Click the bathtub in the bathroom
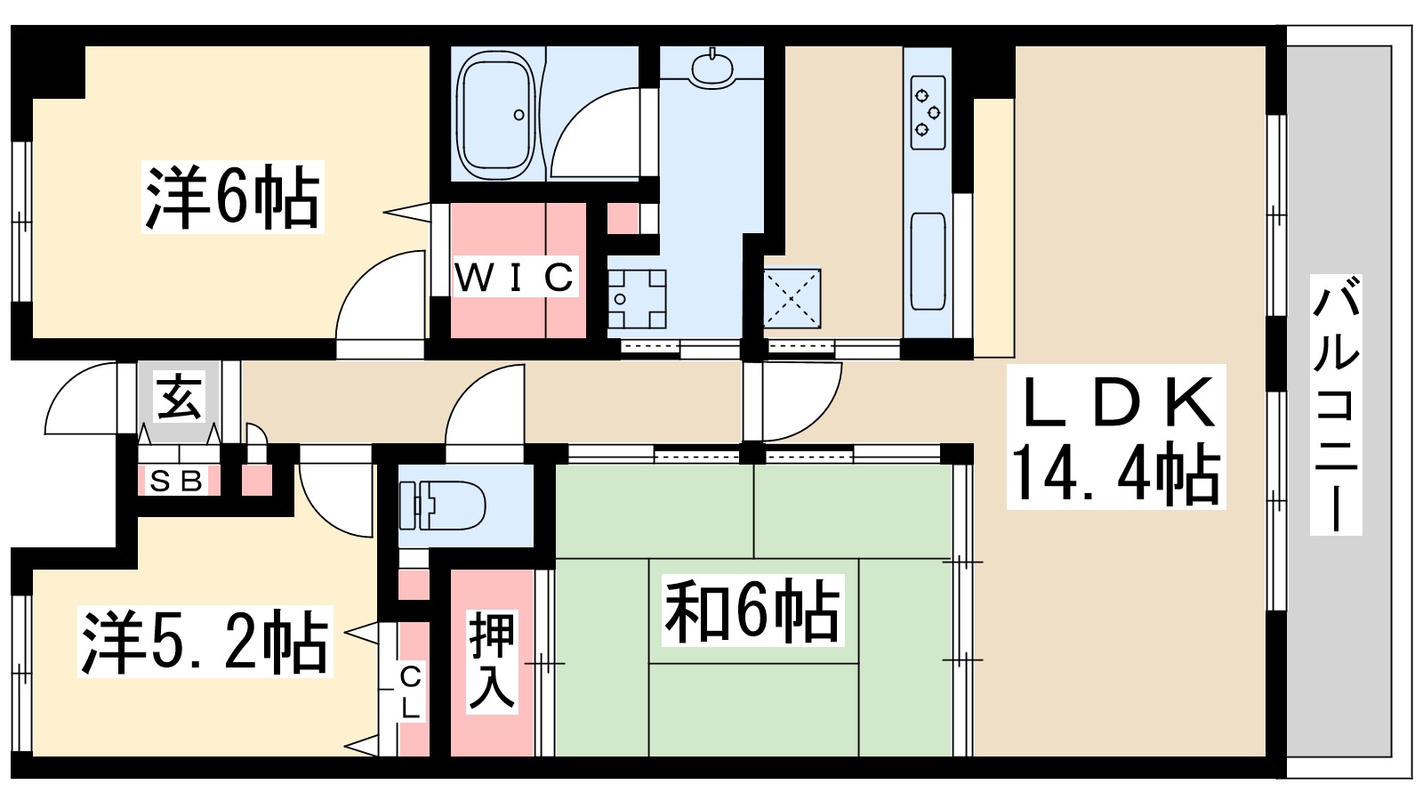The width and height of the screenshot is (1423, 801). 495,112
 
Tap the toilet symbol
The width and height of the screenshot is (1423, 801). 442,505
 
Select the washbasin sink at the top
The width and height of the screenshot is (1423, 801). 711,68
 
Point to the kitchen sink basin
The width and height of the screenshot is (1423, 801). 928,260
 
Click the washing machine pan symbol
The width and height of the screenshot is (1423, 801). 637,298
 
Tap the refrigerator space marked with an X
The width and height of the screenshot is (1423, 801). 792,297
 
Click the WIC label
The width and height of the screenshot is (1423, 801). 514,278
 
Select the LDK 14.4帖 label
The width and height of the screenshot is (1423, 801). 1116,436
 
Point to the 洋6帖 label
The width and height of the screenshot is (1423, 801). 232,197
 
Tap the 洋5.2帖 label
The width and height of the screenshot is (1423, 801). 205,641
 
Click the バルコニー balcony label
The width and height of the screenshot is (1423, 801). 1336,405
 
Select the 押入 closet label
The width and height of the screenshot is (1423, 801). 492,660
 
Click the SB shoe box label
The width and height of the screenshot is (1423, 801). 178,481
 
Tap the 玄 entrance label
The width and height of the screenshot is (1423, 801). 180,397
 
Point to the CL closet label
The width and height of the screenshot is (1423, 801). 410,692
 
